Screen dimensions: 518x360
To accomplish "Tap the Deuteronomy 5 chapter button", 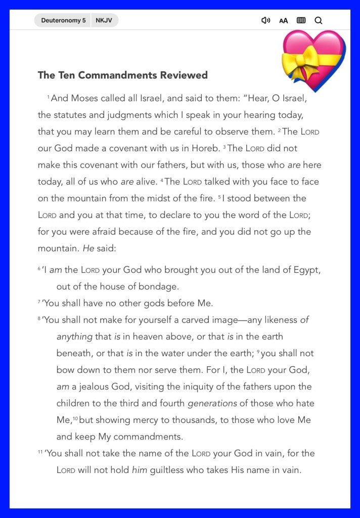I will coord(63,21).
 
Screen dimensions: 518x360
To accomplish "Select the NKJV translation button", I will coord(105,21).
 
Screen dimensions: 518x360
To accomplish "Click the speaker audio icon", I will coord(265,21).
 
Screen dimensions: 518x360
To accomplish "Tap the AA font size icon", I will coord(283,21).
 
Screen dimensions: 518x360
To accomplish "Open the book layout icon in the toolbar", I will coord(301,21).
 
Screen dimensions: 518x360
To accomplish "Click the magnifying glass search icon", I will coord(318,21).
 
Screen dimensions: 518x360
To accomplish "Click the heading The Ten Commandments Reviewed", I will coord(122,75).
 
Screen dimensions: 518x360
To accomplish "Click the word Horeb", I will coord(204,148).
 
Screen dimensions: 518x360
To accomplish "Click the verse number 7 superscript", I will coord(39,302).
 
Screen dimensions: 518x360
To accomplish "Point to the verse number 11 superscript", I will coord(40,452).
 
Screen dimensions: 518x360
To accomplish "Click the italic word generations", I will coord(212,403).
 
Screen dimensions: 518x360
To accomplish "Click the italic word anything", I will coord(74,336).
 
